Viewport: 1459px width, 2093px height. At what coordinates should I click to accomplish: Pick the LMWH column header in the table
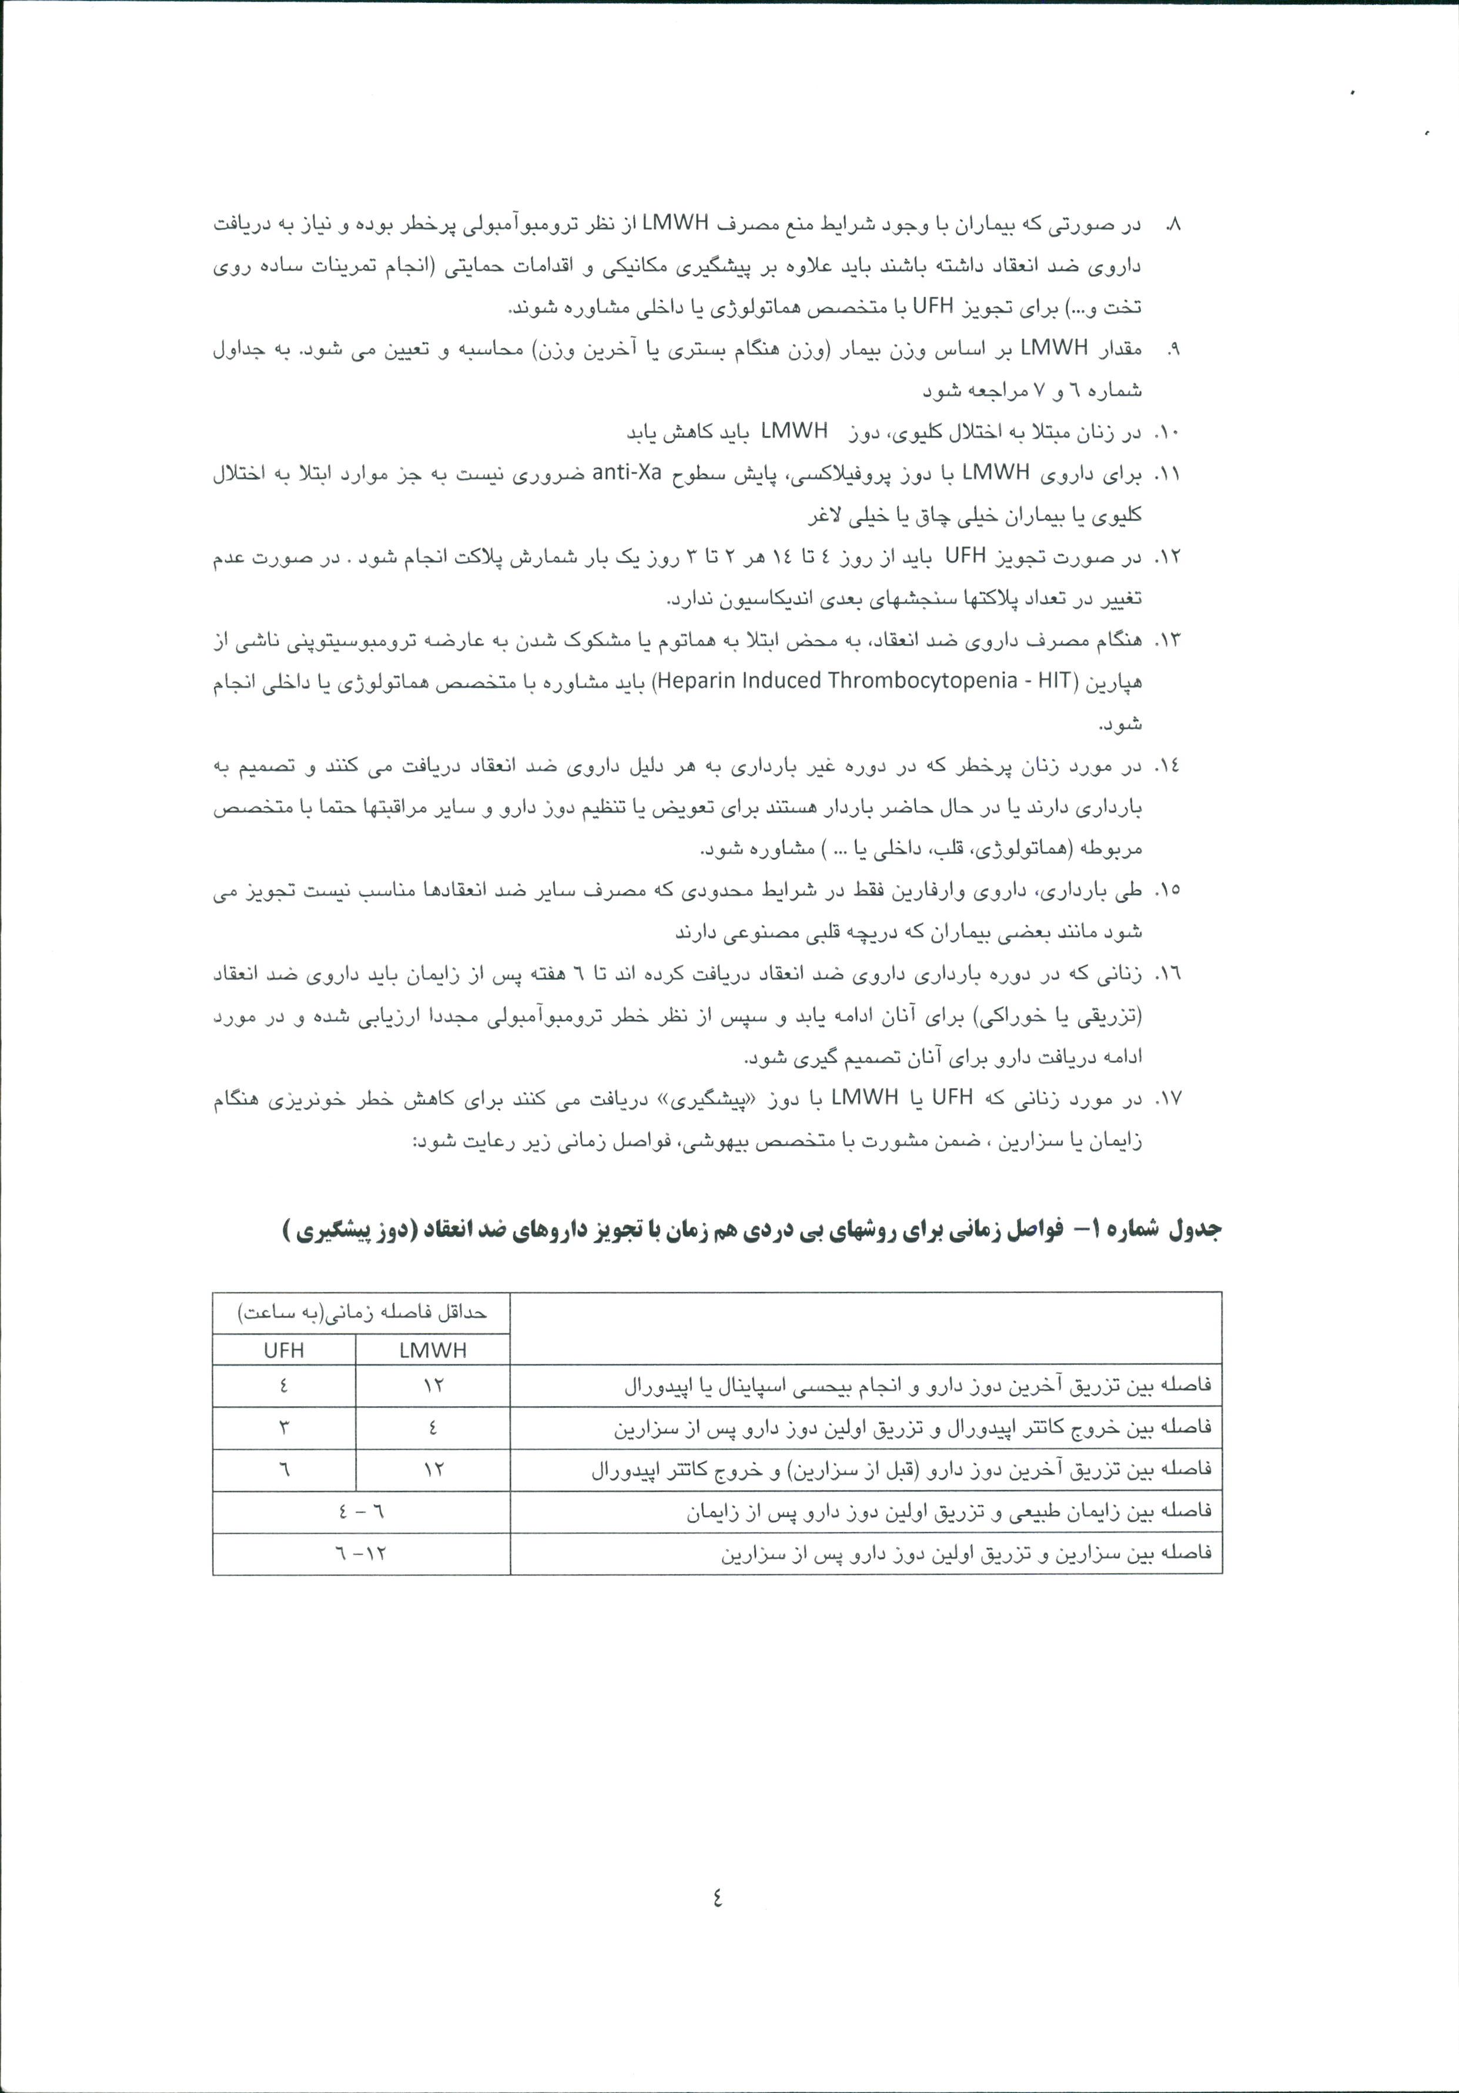pyautogui.click(x=433, y=1350)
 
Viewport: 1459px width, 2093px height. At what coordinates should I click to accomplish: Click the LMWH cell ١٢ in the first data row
pyautogui.click(x=433, y=1386)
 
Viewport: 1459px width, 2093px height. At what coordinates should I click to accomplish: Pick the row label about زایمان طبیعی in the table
pyautogui.click(x=948, y=1511)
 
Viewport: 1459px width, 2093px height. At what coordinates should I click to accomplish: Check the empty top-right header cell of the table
pyautogui.click(x=866, y=1329)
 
